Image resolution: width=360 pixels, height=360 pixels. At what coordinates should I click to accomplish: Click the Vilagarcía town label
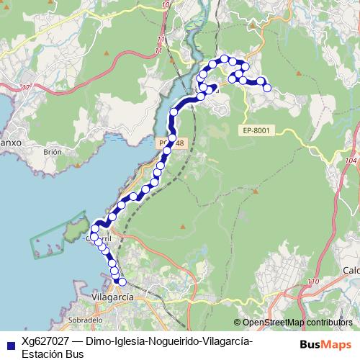[x=114, y=295]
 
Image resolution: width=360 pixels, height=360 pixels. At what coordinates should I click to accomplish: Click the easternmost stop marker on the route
[x=267, y=88]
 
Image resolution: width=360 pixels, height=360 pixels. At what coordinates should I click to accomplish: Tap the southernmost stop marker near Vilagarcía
[x=122, y=282]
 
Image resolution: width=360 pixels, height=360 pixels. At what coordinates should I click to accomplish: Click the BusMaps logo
[x=325, y=344]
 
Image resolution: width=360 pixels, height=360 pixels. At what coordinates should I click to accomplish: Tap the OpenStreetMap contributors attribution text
[x=297, y=323]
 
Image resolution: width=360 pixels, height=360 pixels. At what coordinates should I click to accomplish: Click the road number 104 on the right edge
[x=351, y=161]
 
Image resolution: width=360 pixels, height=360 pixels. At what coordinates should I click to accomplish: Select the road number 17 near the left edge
[x=27, y=87]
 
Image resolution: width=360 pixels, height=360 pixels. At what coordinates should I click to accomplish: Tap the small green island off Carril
[x=73, y=230]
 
